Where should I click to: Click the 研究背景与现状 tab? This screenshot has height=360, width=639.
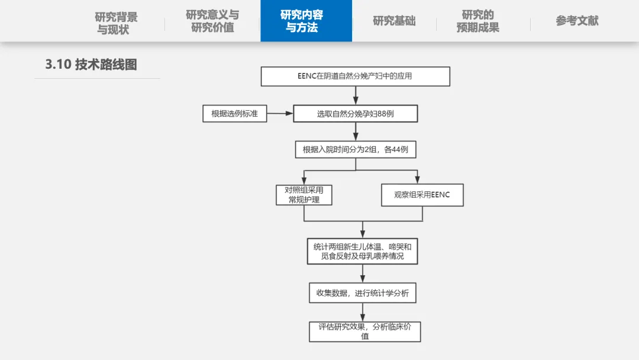coord(116,22)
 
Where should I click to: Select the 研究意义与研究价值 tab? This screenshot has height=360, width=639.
coord(212,21)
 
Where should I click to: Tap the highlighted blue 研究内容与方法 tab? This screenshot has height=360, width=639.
coord(306,21)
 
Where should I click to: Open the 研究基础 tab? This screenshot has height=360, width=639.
coord(394,21)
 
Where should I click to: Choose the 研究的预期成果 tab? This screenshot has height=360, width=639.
coord(477,21)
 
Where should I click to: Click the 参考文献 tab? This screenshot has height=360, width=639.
coord(577,21)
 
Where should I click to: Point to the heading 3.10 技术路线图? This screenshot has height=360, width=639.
coord(91,65)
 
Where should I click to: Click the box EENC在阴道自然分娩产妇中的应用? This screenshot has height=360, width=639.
coord(356,76)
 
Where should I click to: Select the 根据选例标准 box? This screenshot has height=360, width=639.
coord(235,113)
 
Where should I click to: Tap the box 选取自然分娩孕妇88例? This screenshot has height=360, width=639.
coord(356,114)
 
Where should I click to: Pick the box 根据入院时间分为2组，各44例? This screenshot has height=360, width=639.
coord(356,150)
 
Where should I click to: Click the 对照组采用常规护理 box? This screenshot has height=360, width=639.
coord(304,195)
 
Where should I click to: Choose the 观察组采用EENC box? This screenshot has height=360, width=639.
coord(421,195)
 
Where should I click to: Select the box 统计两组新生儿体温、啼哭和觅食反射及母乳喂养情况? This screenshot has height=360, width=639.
coord(362,252)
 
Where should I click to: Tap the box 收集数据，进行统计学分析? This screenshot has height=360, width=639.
coord(362,293)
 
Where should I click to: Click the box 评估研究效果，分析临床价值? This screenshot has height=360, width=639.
coord(364,332)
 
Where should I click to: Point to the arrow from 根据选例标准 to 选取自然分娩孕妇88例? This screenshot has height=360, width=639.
coord(280,113)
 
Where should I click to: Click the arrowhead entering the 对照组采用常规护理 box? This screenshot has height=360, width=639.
coord(304,181)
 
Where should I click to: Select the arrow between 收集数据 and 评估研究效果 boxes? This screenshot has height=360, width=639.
coord(363,312)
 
